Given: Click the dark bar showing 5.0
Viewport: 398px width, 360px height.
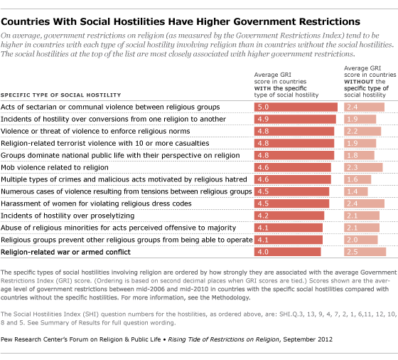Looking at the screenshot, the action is point(296,107).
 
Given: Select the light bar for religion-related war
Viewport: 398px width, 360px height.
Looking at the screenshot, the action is point(365,252).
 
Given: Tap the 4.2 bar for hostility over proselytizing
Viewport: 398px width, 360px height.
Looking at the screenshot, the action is point(289,216).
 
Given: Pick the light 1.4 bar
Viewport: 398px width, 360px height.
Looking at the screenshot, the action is point(355,191).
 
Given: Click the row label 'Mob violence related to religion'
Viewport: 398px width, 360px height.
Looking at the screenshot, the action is point(55,167).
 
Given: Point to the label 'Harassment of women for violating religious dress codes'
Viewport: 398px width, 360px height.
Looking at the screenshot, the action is point(96,203).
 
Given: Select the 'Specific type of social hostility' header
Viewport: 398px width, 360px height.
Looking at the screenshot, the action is point(60,95).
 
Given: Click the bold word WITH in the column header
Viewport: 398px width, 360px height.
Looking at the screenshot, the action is point(262,88).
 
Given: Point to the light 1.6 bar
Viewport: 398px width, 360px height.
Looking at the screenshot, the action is point(357,179).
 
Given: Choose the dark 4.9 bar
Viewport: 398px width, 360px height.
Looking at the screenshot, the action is point(295,119).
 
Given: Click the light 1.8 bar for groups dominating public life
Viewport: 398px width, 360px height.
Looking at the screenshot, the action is point(359,155).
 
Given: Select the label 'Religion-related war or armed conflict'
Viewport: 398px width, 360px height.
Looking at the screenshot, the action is point(65,252).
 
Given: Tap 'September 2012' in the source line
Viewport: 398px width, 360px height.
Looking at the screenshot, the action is point(308,339).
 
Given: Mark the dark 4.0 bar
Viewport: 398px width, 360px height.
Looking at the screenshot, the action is point(288,252).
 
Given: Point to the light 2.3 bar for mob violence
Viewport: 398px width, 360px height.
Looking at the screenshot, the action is point(363,167).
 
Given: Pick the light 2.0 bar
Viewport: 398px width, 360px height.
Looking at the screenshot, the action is point(361,240).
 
